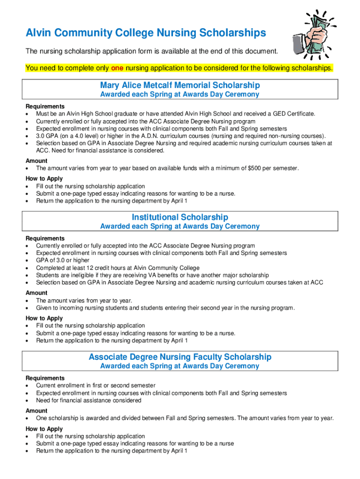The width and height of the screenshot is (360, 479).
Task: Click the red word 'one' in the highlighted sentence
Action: [117, 68]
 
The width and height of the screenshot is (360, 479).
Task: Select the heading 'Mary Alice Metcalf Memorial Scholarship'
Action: [180, 85]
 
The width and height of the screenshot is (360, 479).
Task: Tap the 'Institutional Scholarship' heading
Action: [180, 217]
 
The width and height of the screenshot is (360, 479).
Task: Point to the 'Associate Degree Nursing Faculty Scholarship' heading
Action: [180, 357]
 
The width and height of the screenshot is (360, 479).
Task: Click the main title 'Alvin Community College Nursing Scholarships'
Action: [145, 33]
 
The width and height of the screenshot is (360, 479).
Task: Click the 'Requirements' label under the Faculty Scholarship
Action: [45, 378]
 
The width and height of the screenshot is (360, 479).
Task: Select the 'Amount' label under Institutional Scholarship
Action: [36, 293]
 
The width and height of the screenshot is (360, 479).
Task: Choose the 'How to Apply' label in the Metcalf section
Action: [44, 179]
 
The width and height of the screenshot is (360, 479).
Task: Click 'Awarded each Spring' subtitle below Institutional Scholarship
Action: [180, 226]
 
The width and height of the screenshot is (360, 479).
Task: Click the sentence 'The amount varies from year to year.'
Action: [84, 300]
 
